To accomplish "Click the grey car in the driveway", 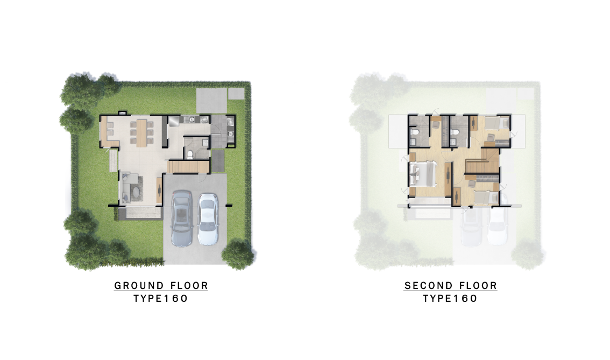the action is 181,218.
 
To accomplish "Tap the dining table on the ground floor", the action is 141,133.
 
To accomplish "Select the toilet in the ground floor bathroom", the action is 190,154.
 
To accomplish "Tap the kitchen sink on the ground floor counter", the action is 193,119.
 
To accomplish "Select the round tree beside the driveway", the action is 237,255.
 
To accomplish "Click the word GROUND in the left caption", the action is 139,286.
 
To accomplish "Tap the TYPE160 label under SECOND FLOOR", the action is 450,299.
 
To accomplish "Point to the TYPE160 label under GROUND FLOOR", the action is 161,299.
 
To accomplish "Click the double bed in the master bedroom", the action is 422,174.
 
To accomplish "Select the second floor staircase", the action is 483,161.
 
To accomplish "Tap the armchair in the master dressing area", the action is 435,124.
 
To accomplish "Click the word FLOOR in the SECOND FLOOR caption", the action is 479,286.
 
